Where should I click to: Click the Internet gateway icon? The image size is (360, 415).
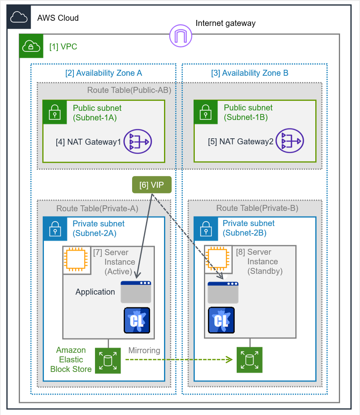tap(181, 35)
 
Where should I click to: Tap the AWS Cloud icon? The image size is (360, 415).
tap(19, 18)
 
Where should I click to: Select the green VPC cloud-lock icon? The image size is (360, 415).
tap(31, 46)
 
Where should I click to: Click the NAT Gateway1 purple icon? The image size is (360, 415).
tap(138, 142)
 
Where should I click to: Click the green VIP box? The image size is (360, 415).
tap(152, 185)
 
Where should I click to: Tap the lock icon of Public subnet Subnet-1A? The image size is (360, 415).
tap(55, 112)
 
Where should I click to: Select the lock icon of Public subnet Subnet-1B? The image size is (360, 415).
tap(206, 112)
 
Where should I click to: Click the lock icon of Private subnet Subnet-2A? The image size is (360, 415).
tap(55, 229)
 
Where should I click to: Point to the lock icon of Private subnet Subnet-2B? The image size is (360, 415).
tap(206, 229)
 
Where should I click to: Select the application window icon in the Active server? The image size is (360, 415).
tap(136, 292)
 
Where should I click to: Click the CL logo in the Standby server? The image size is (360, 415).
tap(221, 321)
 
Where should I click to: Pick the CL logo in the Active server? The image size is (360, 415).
tap(137, 321)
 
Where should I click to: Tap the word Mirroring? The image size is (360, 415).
tap(144, 350)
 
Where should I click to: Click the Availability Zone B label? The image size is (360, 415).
tap(250, 73)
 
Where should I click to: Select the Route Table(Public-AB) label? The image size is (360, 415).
tap(129, 90)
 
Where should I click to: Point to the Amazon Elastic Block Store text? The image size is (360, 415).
tap(71, 360)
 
